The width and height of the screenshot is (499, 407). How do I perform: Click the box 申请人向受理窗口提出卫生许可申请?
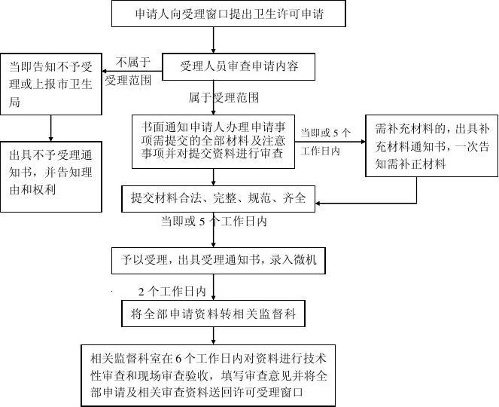tap(229, 14)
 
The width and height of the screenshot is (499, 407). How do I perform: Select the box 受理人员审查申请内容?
tap(239, 66)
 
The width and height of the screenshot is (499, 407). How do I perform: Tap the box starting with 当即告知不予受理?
tap(51, 84)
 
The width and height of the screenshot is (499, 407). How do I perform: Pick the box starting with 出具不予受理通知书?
tap(51, 177)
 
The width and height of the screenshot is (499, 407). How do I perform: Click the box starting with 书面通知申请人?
tap(213, 142)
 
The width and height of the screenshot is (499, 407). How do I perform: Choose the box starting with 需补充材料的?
tap(432, 146)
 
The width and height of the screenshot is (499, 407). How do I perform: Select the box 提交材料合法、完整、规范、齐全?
tap(218, 198)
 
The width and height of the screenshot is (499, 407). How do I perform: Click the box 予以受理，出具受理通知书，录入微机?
tap(218, 260)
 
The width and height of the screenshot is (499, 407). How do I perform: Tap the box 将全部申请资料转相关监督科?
tap(213, 314)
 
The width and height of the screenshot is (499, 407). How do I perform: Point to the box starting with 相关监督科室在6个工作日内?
tap(208, 375)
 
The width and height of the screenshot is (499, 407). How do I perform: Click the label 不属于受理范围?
tap(128, 71)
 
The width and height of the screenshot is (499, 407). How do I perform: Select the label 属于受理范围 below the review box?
tap(224, 97)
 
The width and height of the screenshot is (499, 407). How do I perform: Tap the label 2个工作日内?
tap(172, 292)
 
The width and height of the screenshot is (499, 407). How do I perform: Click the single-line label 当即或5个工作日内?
tap(214, 221)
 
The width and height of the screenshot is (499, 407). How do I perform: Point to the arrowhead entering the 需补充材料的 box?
tap(363, 142)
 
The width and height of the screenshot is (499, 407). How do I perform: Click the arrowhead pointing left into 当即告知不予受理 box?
tap(105, 71)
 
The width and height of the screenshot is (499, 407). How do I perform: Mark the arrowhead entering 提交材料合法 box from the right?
tap(318, 203)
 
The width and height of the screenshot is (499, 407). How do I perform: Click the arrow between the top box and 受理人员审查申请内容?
tap(213, 40)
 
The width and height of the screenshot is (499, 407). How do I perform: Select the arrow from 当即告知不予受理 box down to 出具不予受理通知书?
tap(50, 128)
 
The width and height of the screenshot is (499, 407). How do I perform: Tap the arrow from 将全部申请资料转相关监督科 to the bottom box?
tap(213, 335)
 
